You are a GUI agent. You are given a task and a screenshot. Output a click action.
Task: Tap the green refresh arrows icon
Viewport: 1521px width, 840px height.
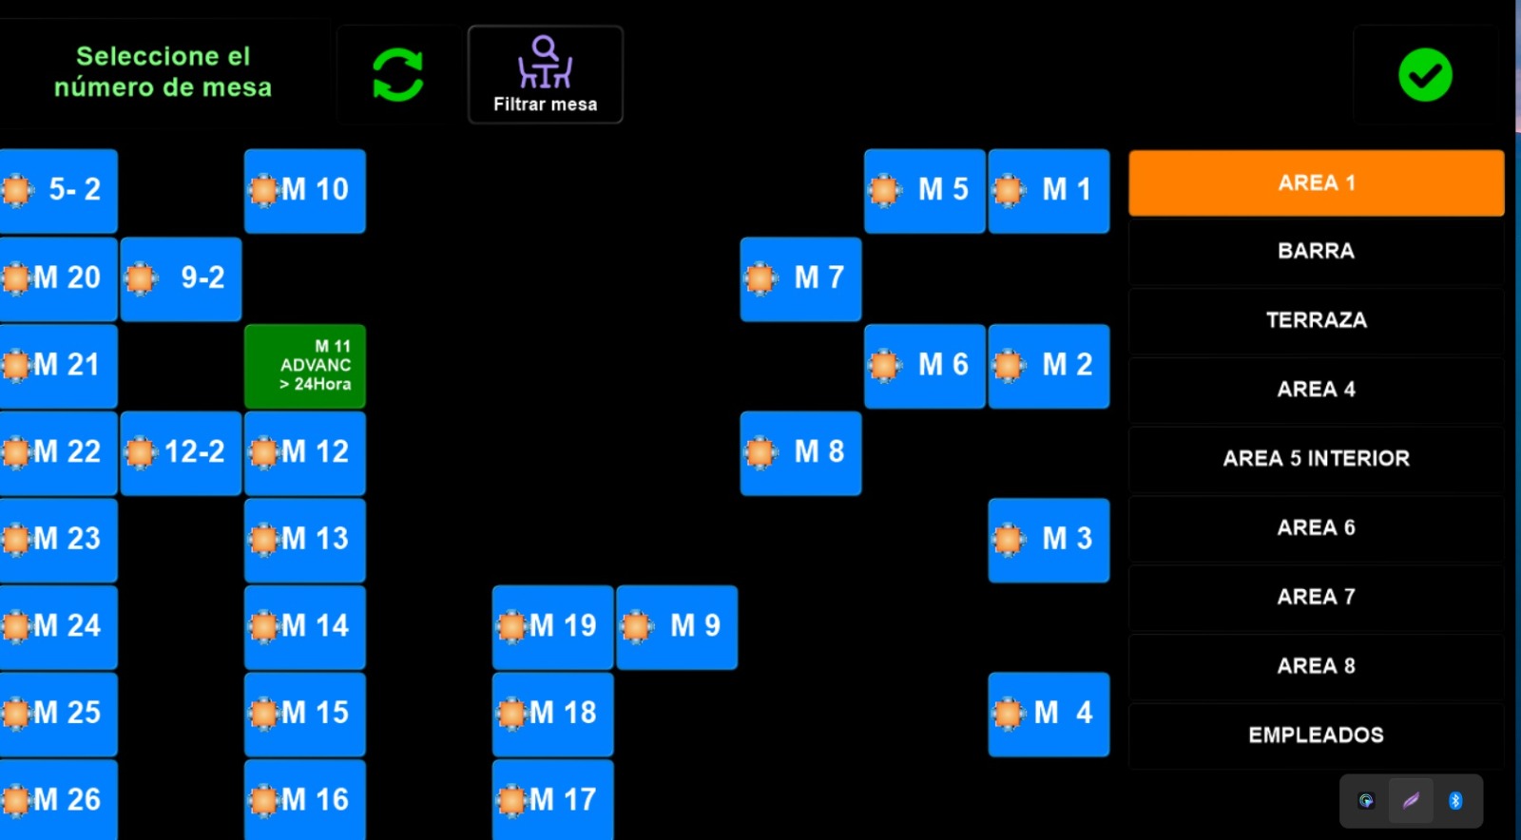pos(397,75)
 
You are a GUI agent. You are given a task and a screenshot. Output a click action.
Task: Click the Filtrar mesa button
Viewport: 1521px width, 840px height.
pos(545,75)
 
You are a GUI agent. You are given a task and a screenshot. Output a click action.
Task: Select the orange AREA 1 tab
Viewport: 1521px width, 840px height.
pos(1316,182)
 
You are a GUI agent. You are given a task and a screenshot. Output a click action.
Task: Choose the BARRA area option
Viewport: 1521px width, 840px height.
pos(1316,251)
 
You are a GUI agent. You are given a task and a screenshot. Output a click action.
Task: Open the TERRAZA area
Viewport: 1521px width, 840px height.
pos(1316,320)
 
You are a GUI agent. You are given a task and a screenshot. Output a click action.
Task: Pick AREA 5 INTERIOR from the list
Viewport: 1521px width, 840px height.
pos(1316,458)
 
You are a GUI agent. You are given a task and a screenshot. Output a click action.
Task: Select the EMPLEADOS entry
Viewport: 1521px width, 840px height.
pos(1316,735)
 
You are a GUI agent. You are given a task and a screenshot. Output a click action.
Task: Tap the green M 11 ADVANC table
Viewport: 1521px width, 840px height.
pos(305,366)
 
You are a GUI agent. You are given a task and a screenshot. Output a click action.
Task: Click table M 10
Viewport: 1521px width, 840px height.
pos(305,190)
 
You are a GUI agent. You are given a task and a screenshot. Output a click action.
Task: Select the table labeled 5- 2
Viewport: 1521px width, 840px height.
pos(59,190)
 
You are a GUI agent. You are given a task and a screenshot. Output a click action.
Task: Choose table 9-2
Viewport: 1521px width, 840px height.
pos(181,278)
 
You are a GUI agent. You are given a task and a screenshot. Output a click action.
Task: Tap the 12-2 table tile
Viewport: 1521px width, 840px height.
pos(181,452)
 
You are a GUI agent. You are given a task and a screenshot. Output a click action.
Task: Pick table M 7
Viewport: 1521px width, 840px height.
pos(800,278)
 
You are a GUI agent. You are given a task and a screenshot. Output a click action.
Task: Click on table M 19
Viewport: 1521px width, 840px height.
pos(552,626)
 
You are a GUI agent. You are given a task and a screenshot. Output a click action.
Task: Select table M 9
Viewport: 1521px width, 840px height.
pos(677,626)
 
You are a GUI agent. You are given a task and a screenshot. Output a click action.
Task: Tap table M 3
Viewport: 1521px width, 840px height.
pos(1049,540)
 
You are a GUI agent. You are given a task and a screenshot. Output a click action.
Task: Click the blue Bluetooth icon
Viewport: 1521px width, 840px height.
pos(1454,801)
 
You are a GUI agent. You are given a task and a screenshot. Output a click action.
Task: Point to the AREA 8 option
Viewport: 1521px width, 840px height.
pos(1316,665)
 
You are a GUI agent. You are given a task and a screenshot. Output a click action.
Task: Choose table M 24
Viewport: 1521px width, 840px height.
pos(59,626)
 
